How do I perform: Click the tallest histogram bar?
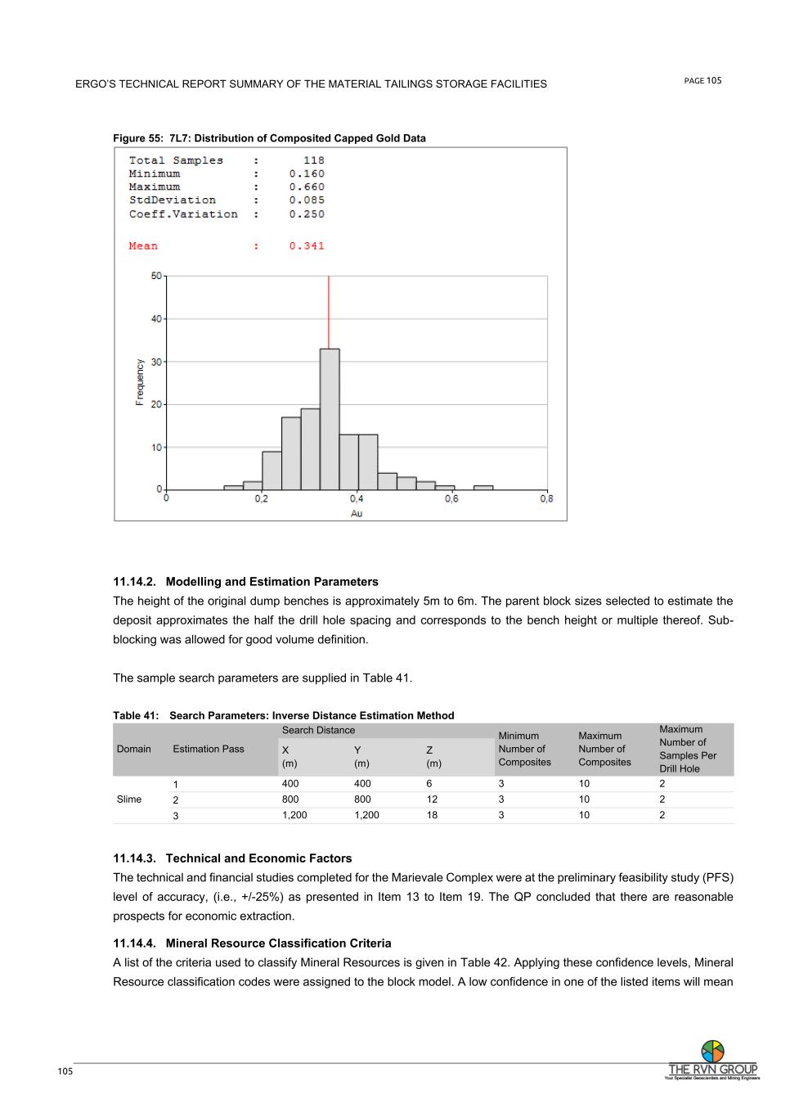point(330,419)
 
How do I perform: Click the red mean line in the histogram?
point(329,311)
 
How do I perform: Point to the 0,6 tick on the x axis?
point(451,498)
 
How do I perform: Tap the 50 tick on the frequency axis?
point(155,276)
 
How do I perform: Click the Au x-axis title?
point(357,513)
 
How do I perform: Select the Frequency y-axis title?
point(140,381)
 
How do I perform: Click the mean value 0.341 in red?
point(307,246)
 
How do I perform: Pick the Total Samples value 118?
point(313,160)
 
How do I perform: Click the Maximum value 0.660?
point(307,187)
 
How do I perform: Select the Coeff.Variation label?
point(183,214)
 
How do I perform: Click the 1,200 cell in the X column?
point(294,815)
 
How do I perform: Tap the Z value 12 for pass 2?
point(432,799)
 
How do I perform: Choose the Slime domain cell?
point(129,799)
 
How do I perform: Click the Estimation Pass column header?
point(209,749)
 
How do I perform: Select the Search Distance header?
point(319,730)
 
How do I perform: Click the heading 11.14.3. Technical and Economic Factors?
point(232,858)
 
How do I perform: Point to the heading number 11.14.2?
point(136,582)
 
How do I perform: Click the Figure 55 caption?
point(269,138)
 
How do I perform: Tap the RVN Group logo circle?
point(712,1051)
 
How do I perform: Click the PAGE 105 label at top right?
point(702,80)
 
